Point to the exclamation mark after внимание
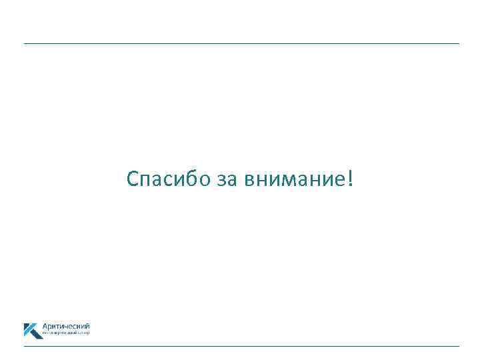click(x=350, y=179)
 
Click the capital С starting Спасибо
click(x=132, y=179)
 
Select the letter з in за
click(x=221, y=181)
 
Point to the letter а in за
click(x=231, y=181)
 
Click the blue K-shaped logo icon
click(x=32, y=331)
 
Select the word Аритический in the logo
click(x=66, y=326)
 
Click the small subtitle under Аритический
click(x=65, y=332)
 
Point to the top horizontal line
click(x=241, y=44)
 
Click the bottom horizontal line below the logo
click(x=241, y=346)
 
